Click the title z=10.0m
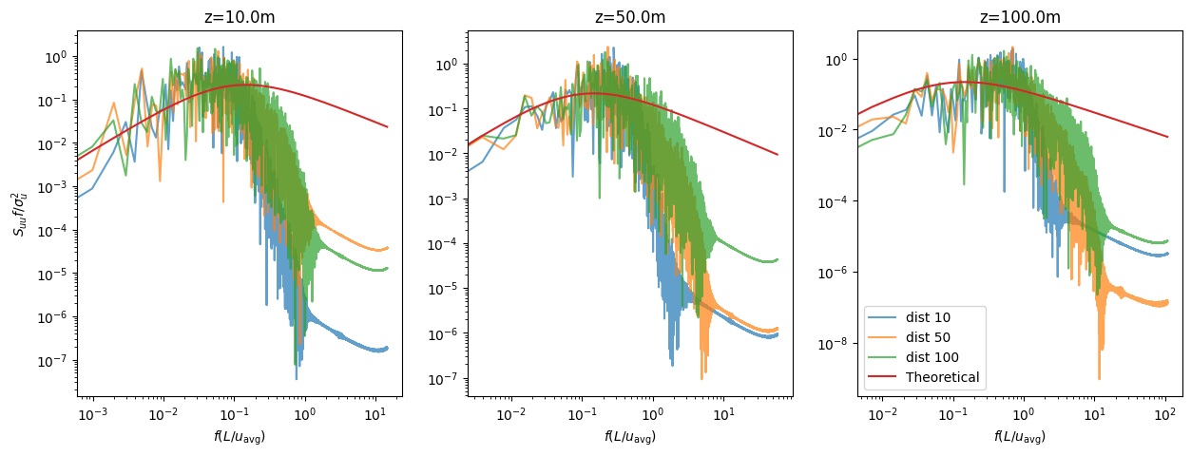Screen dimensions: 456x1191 tap(239, 17)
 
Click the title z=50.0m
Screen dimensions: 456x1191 tap(629, 17)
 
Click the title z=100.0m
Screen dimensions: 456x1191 tap(1019, 17)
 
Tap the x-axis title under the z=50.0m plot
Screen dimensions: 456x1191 tap(629, 437)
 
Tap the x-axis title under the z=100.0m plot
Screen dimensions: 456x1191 tap(1019, 437)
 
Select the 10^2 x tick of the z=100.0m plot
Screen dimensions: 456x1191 tap(1165, 416)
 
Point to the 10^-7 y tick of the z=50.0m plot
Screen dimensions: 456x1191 tap(443, 379)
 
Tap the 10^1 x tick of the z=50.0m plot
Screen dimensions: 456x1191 tap(723, 416)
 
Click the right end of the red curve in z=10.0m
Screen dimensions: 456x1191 tap(388, 126)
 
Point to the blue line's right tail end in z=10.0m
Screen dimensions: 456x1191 tap(388, 349)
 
